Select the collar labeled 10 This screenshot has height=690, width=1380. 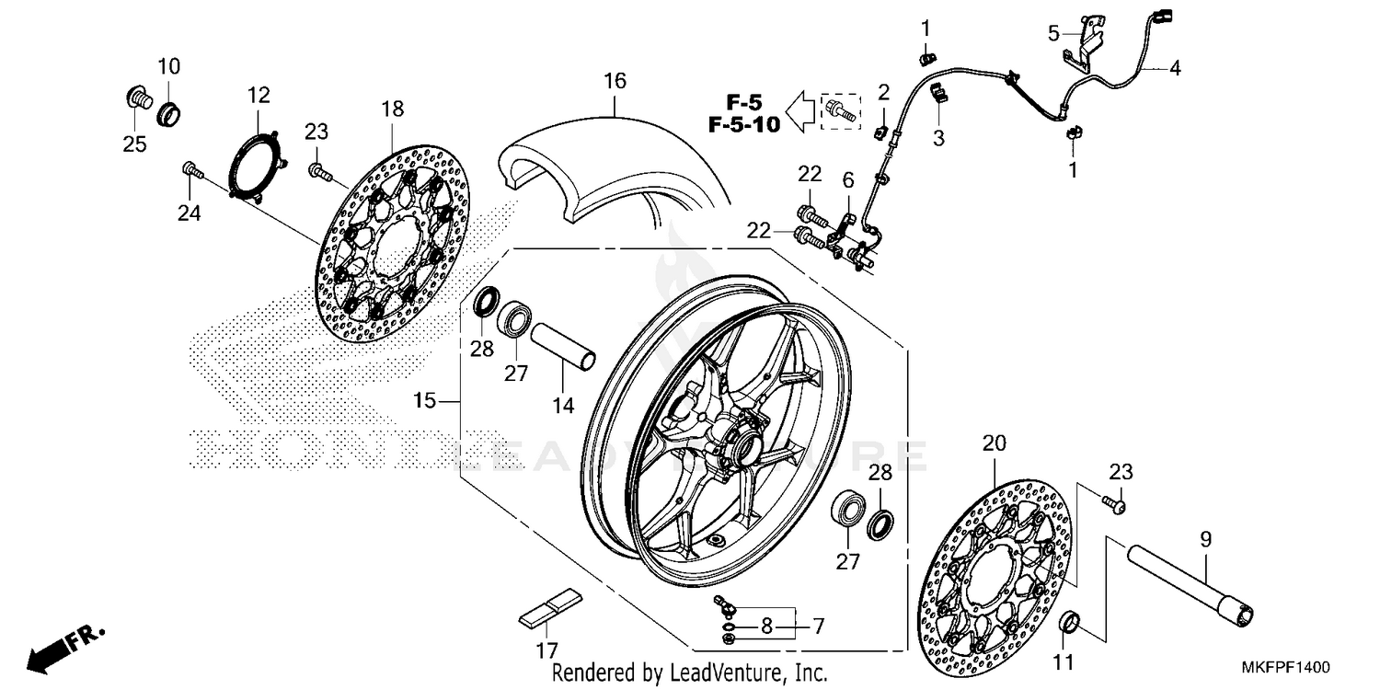pos(170,115)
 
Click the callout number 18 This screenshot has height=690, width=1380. pos(392,109)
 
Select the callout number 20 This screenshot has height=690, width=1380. pos(990,443)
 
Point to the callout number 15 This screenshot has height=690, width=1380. pos(424,401)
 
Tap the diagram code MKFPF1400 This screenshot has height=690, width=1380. pos(1290,666)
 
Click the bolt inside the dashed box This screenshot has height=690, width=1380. pos(839,111)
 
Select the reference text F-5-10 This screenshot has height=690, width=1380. pos(744,124)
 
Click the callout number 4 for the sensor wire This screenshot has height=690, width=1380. pos(1175,68)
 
